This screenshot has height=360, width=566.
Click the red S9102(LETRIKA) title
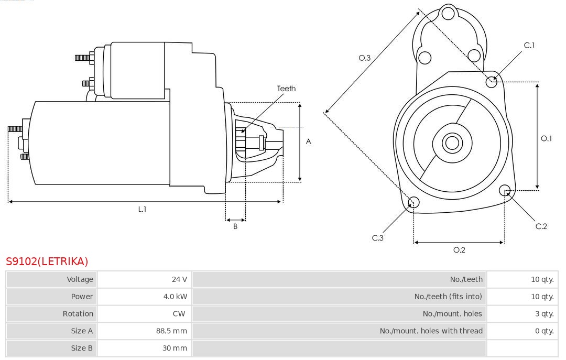[47, 261]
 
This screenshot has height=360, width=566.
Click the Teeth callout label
[286, 89]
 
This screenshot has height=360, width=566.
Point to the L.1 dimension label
[142, 209]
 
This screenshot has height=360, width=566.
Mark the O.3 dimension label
[365, 58]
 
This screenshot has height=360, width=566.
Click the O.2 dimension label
[459, 250]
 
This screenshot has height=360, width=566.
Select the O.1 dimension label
[547, 139]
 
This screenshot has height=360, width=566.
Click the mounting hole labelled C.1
[492, 81]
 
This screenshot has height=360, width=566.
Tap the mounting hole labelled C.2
[505, 190]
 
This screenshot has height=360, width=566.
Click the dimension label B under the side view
[235, 227]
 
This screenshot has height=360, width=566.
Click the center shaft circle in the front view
[451, 143]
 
